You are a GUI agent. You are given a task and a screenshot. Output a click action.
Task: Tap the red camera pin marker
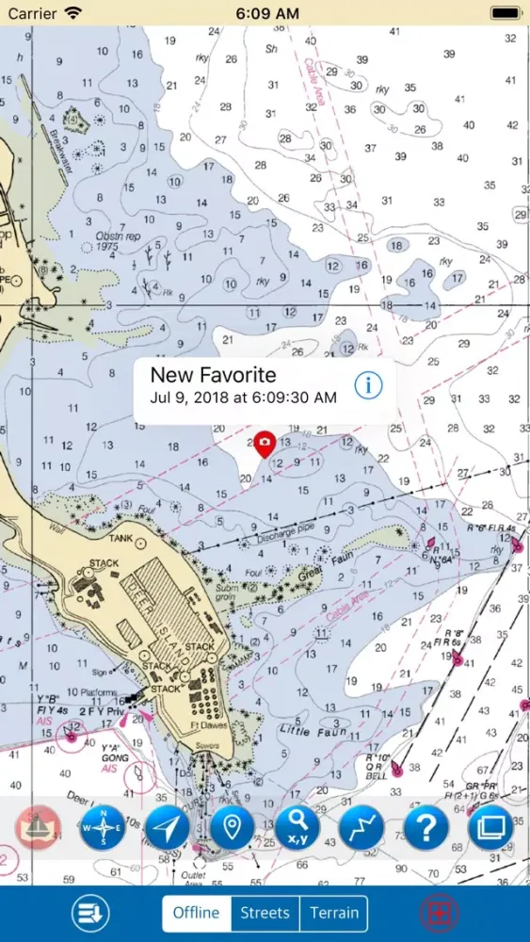tap(265, 442)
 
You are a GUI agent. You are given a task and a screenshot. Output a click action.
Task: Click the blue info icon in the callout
tap(368, 384)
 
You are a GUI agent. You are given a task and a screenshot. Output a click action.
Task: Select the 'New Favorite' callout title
tap(214, 374)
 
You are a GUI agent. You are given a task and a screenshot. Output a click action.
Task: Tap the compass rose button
tap(102, 828)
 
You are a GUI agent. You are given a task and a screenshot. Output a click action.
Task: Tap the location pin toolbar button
tap(232, 828)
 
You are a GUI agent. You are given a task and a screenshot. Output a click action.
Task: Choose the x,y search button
tap(297, 828)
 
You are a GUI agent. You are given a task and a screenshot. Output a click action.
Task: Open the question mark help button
tap(426, 828)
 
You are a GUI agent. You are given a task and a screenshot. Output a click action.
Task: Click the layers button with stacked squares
tap(490, 828)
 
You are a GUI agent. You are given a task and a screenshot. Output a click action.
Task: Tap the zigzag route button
tap(361, 828)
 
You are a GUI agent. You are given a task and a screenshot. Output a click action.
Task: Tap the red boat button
tap(38, 828)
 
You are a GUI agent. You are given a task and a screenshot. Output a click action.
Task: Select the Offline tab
tap(197, 913)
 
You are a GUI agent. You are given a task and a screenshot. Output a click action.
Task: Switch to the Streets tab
tap(265, 913)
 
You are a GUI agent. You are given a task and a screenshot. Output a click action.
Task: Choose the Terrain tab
tap(334, 913)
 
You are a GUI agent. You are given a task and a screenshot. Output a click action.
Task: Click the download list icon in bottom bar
tap(91, 913)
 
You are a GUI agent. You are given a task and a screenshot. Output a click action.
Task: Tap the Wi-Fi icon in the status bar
tap(72, 13)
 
